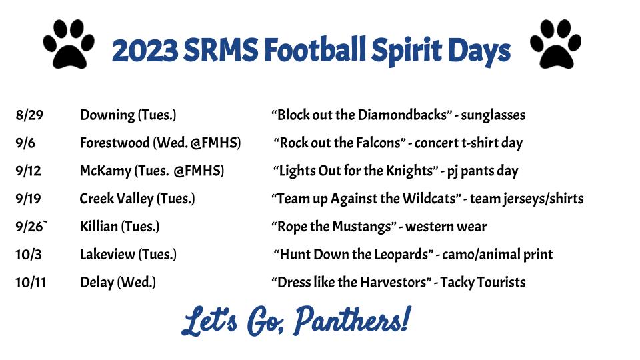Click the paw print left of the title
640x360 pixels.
tap(69, 44)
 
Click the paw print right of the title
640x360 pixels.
tap(555, 44)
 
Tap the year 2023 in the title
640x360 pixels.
tap(145, 51)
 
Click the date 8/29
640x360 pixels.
tap(29, 115)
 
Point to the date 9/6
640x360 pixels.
tap(25, 143)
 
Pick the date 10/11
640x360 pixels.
tap(31, 283)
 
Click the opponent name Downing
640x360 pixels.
tap(107, 115)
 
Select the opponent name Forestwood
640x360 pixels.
tap(115, 143)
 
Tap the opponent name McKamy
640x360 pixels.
tap(105, 171)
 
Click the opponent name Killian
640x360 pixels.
tap(99, 227)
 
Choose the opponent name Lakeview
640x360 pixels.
tap(107, 254)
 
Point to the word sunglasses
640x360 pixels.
tap(493, 116)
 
